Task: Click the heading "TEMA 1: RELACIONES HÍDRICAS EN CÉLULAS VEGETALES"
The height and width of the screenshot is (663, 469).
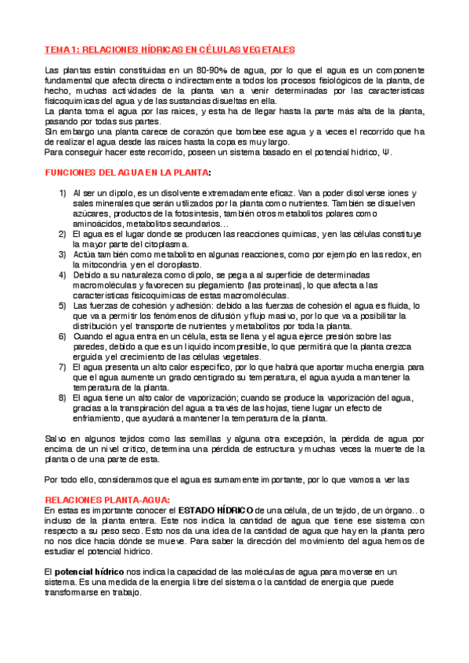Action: coord(169,49)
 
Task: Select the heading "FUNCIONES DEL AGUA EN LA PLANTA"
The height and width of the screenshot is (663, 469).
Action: coord(127,171)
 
